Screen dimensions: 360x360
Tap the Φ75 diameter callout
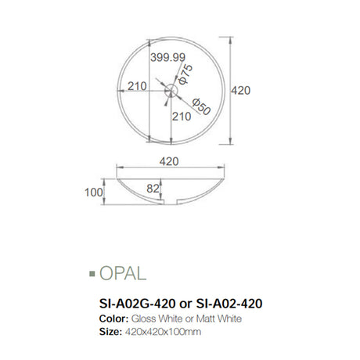point(186,75)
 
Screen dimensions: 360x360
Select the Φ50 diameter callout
point(200,105)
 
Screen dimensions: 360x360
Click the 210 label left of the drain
point(138,86)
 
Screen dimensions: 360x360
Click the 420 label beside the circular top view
point(240,91)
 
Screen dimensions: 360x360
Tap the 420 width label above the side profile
point(168,161)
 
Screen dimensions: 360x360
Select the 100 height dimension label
point(95,190)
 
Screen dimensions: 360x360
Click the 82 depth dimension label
point(152,189)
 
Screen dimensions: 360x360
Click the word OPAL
point(123,273)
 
